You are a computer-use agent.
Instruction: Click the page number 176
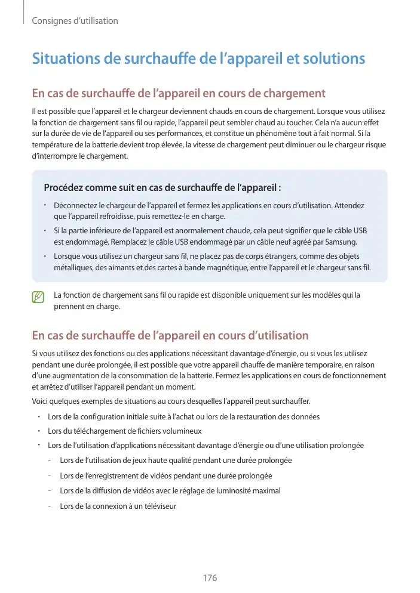pyautogui.click(x=210, y=578)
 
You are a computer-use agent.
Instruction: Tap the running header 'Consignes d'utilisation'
pyautogui.click(x=75, y=21)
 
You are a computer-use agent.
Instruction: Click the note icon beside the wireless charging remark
pyautogui.click(x=39, y=296)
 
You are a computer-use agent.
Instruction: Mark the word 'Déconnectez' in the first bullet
pyautogui.click(x=76, y=205)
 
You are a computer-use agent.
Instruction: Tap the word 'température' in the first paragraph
pyautogui.click(x=53, y=145)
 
